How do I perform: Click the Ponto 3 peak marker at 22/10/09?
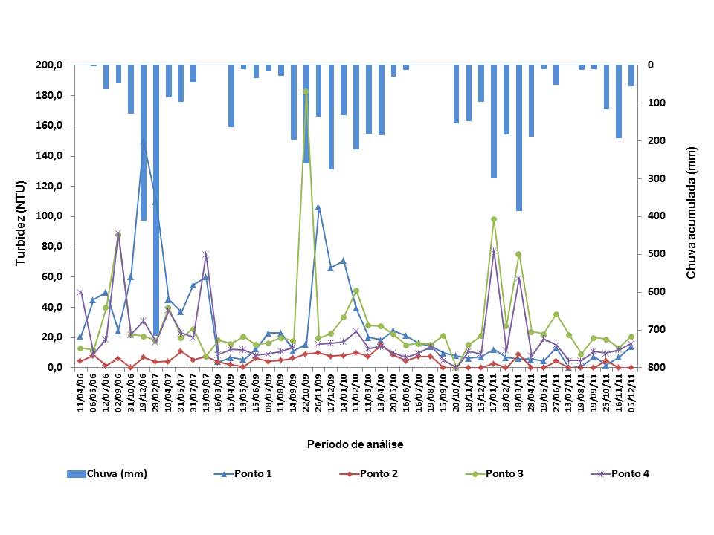[x=306, y=91]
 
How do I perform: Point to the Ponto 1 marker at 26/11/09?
[x=318, y=207]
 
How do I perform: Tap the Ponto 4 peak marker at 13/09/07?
[x=205, y=255]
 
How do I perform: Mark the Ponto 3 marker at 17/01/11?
[x=493, y=219]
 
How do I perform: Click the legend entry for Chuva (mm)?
[x=107, y=473]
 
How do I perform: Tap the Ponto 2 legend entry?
[x=376, y=473]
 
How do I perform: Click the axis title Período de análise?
[x=355, y=444]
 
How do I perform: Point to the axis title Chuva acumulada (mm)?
[x=692, y=215]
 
